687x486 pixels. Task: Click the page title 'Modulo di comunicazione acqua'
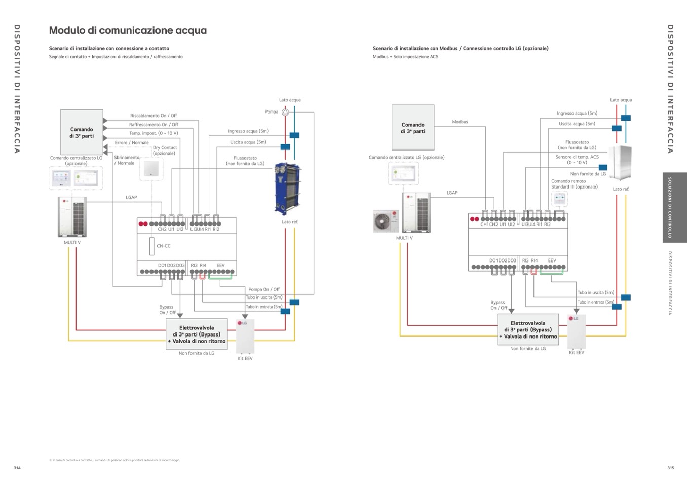pos(128,30)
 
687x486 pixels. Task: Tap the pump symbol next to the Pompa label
pos(285,112)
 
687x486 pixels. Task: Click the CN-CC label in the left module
pos(164,246)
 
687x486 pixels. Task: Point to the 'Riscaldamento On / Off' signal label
pos(154,116)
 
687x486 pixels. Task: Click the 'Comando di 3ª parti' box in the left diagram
pos(82,132)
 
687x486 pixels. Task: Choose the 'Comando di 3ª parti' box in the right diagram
pos(413,128)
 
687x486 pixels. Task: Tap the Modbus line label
pos(460,122)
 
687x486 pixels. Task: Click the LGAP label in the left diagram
pos(131,197)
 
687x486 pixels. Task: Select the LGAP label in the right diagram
pos(452,193)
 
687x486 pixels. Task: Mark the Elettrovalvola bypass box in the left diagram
pos(197,334)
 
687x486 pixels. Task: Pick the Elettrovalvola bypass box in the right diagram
pos(528,330)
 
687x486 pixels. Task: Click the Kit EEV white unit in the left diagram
pos(245,336)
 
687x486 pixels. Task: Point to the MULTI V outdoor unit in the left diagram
pos(72,217)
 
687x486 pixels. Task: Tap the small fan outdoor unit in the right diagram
pos(386,221)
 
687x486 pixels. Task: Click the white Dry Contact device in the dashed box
pos(151,169)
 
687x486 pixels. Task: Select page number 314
pos(17,468)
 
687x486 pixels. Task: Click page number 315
pos(671,468)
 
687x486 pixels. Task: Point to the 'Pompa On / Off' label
pos(264,289)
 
